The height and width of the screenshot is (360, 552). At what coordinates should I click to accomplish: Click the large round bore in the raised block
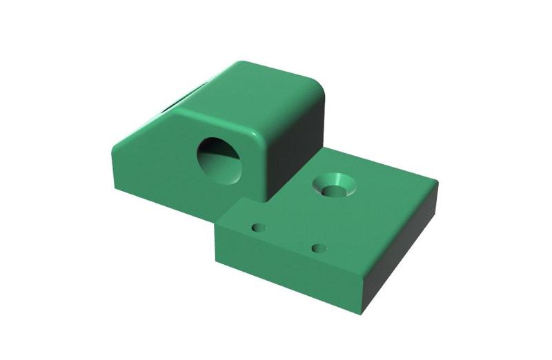coord(219,159)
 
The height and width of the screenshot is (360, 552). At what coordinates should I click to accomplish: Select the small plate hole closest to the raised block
coord(259,227)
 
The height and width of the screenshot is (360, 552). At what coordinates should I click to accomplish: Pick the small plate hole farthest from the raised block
coord(317,248)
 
